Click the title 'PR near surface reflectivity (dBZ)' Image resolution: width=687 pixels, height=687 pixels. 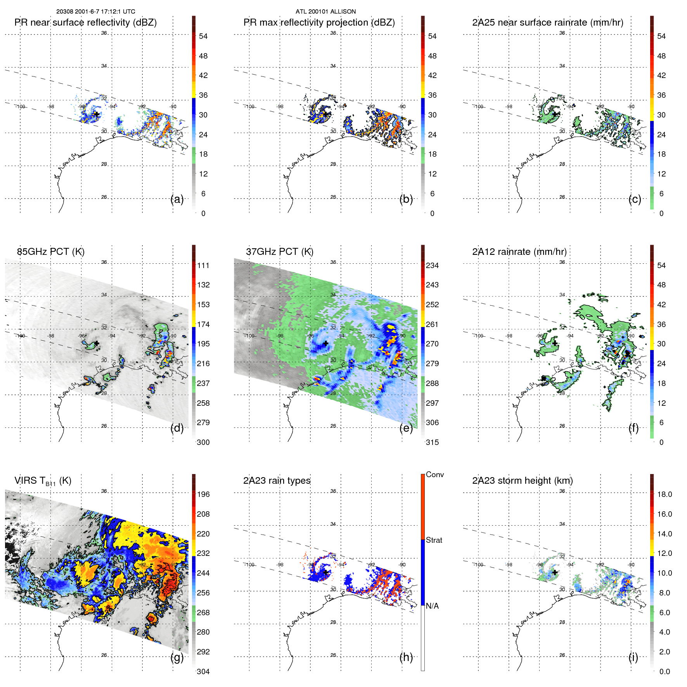(x=85, y=22)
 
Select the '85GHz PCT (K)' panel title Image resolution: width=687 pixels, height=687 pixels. (x=50, y=252)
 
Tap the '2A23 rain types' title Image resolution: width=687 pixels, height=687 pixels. (x=277, y=481)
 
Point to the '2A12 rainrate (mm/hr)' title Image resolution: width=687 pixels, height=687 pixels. (x=519, y=252)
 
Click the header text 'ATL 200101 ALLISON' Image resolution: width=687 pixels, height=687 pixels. (x=325, y=12)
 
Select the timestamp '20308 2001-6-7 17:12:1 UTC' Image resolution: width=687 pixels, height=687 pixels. (x=95, y=12)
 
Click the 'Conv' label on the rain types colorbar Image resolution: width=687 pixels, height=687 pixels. (x=434, y=474)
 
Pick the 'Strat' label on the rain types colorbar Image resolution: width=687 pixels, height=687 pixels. (x=434, y=540)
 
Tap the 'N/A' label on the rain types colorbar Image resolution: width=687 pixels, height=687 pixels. (x=432, y=606)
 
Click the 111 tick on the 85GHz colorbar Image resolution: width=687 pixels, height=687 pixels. (x=203, y=265)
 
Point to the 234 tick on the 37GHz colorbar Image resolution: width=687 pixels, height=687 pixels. (x=432, y=265)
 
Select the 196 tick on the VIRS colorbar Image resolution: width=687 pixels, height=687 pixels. (x=203, y=494)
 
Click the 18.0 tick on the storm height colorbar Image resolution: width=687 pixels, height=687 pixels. (x=664, y=494)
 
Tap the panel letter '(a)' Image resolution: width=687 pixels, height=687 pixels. (x=177, y=199)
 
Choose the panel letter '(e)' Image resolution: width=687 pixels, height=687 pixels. (x=406, y=428)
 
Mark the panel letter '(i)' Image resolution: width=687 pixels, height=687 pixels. (x=633, y=657)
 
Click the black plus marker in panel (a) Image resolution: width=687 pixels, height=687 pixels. (x=96, y=114)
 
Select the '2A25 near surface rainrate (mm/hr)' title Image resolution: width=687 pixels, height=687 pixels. (x=547, y=22)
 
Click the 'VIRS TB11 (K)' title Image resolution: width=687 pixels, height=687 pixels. (x=43, y=481)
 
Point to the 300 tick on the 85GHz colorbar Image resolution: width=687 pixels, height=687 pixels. (x=203, y=442)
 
